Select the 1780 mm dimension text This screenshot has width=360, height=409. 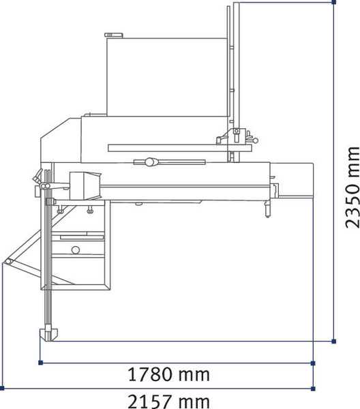coord(168,374)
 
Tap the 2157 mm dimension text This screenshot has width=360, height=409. coord(168,400)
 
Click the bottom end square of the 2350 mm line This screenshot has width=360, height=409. coord(334,339)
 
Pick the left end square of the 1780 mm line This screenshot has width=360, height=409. coord(41,363)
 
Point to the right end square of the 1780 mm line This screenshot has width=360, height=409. coord(313,363)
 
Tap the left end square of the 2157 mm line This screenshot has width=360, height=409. coord(3,388)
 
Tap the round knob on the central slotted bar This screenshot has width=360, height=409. coord(149,162)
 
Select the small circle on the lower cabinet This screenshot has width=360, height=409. coord(76,250)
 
